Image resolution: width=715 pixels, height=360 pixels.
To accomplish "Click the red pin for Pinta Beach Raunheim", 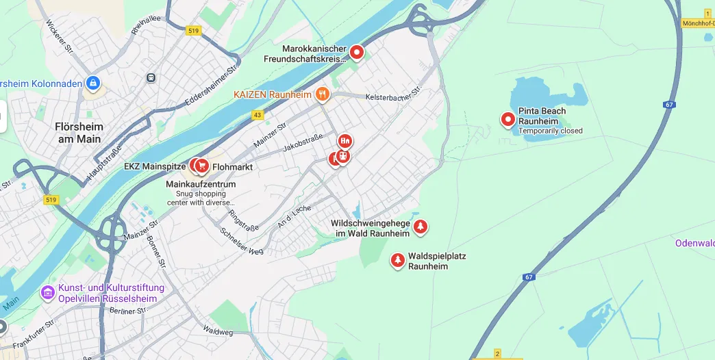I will tap(508, 120).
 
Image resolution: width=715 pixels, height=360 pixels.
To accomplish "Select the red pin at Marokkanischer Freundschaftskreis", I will tap(357, 52).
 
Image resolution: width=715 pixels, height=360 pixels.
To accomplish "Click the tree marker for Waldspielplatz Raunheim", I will tap(397, 260).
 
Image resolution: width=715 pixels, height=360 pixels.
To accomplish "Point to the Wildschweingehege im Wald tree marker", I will tap(421, 226).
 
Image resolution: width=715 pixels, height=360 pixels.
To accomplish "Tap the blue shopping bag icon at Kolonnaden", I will tap(93, 83).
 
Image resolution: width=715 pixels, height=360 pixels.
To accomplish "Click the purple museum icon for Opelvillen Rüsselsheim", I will tap(47, 293).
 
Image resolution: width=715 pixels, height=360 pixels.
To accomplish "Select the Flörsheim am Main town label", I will tap(78, 133).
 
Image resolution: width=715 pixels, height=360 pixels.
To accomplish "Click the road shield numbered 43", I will tap(258, 115).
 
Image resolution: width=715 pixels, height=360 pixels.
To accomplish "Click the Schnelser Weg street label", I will tap(242, 241).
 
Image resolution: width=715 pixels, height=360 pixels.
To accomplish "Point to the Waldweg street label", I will tap(218, 331).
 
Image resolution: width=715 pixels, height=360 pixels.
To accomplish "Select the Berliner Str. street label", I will tap(129, 310).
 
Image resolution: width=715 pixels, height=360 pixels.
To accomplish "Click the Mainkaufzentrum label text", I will tap(201, 184).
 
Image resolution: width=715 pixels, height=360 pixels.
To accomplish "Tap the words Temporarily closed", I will tap(551, 131).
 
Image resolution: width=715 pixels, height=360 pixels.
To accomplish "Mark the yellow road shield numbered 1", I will tap(707, 14).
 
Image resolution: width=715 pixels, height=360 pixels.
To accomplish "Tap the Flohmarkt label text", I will tap(233, 166).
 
